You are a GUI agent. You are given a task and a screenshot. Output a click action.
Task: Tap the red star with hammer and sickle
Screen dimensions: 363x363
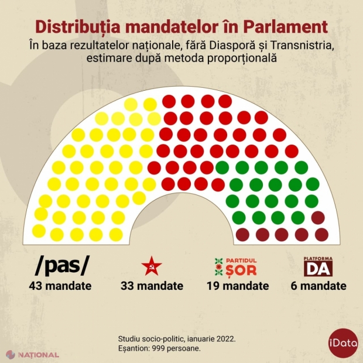pos(152,266)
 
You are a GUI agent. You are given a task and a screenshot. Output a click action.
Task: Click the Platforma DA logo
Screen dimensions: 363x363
pos(318,266)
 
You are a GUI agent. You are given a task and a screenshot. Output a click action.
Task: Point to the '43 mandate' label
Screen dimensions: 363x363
pos(60,286)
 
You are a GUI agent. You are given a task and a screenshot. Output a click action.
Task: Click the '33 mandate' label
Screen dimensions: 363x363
pos(152,286)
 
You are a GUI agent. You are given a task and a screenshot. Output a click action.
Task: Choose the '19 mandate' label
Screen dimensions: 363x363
pos(237,286)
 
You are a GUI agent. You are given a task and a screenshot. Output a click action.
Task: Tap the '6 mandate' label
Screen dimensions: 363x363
pos(318,286)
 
